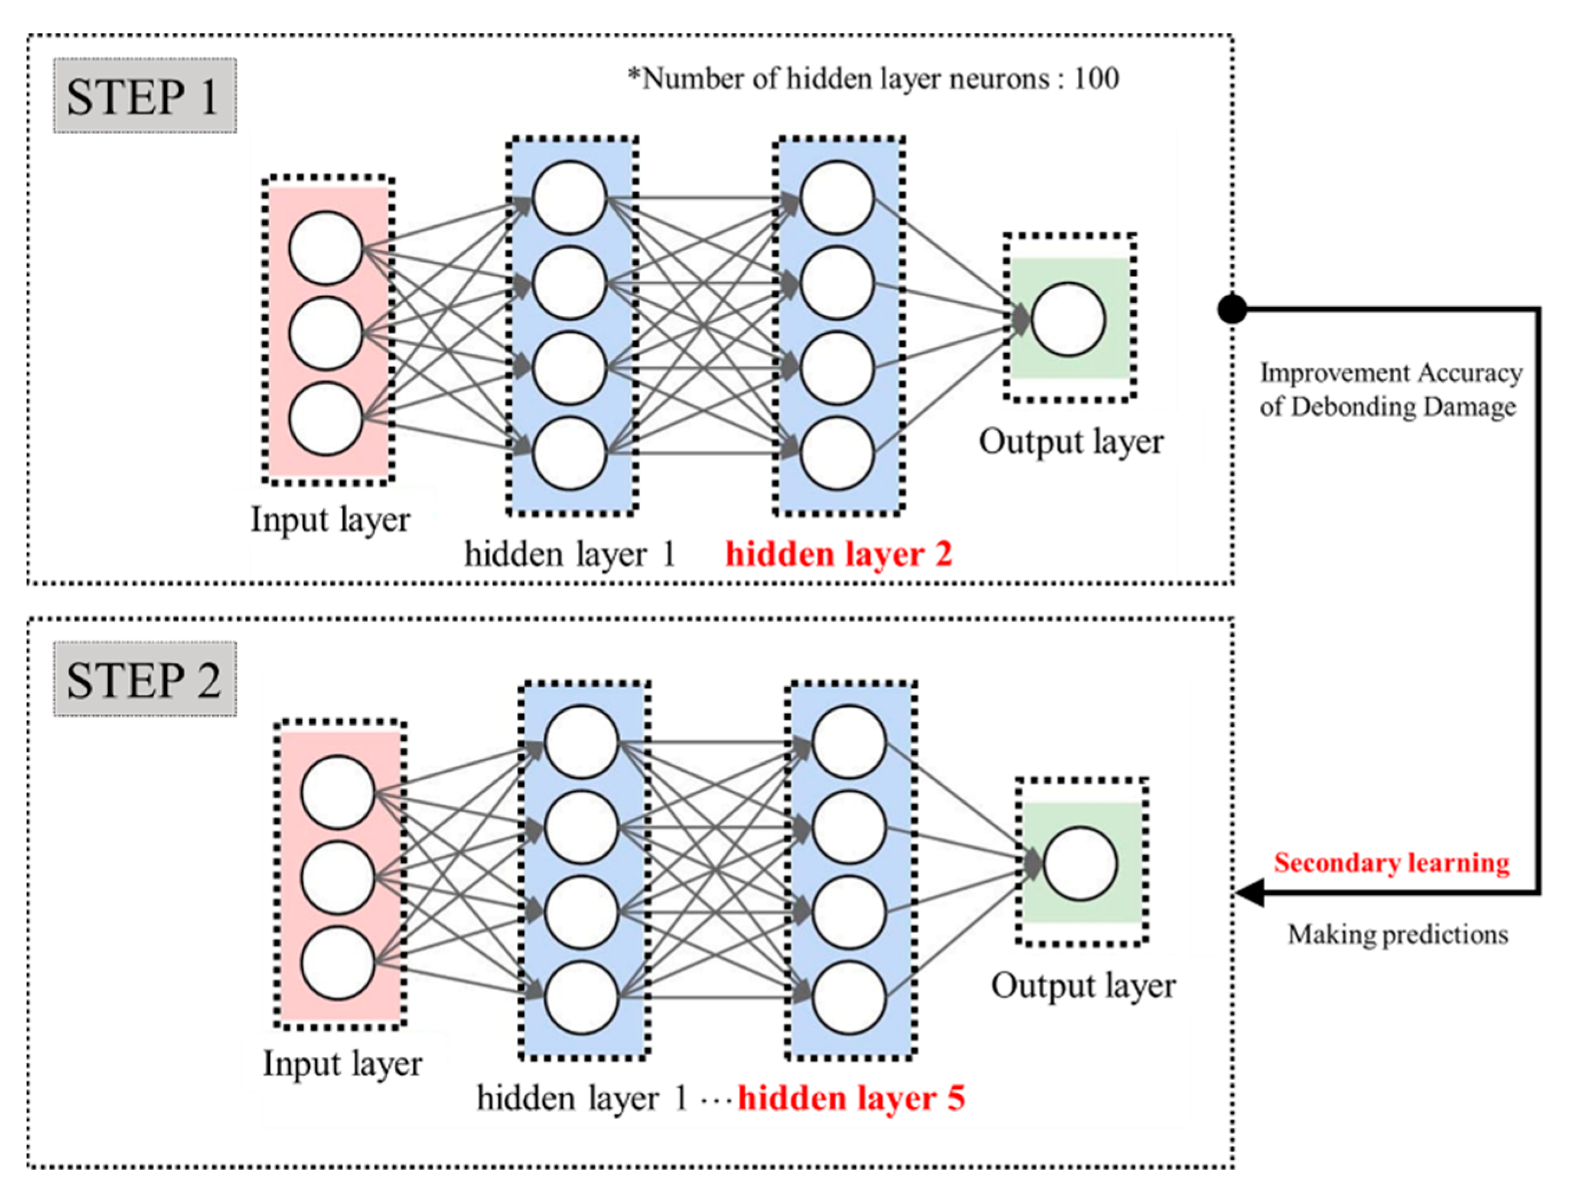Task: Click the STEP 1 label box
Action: tap(144, 96)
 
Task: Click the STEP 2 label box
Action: tap(144, 678)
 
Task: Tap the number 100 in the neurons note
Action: tap(1096, 78)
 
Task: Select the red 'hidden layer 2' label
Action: tap(839, 553)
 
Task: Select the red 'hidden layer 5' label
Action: tap(851, 1098)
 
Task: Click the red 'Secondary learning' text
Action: tap(1392, 862)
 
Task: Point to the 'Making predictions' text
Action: tap(1397, 934)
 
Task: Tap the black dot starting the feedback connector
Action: tap(1232, 309)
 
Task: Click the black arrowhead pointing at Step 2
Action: tap(1250, 892)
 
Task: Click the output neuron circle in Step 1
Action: tap(1068, 319)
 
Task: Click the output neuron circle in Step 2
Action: tap(1080, 863)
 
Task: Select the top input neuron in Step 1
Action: tap(325, 248)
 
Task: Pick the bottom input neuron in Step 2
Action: tap(337, 963)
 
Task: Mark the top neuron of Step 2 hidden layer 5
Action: tap(849, 742)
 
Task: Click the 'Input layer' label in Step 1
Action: tap(330, 519)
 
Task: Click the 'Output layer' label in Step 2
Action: tap(1083, 986)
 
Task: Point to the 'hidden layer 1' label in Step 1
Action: tap(571, 553)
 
